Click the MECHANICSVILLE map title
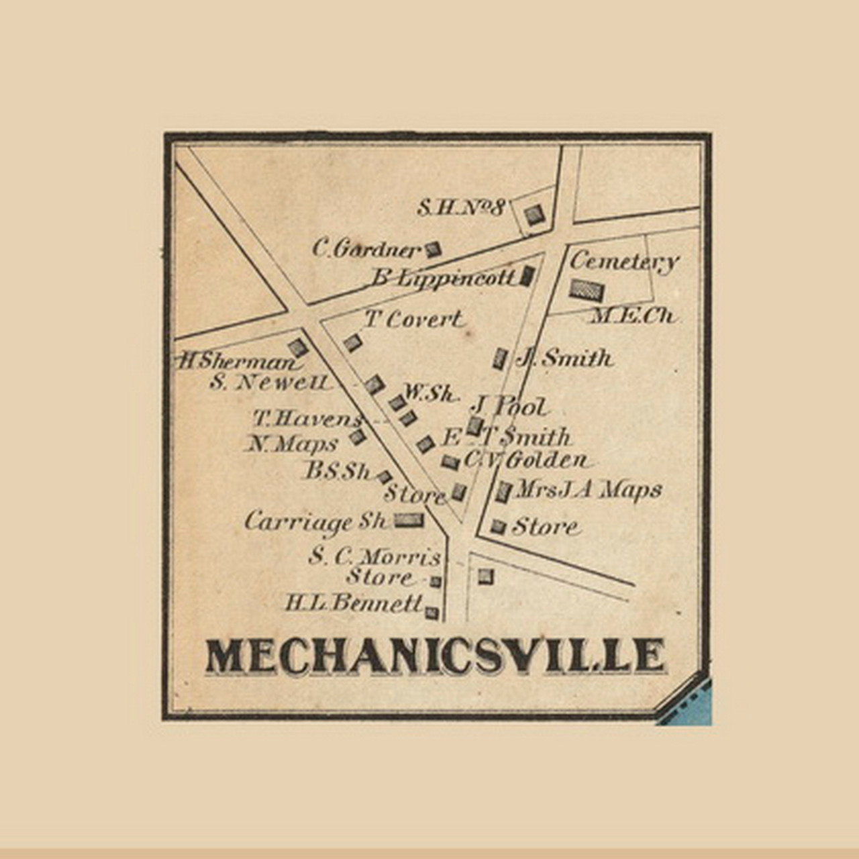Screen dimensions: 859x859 pos(435,655)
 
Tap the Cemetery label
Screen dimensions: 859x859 pos(624,262)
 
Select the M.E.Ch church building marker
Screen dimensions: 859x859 pos(587,290)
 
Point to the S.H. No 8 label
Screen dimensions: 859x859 pos(460,207)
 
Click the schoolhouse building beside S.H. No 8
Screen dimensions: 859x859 pos(534,215)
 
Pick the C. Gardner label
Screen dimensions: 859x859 pos(366,249)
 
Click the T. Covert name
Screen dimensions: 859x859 pos(413,319)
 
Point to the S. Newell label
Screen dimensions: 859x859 pos(270,383)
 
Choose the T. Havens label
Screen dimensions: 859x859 pos(307,419)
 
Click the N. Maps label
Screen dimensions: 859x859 pos(294,444)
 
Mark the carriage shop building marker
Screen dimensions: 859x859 pos(409,519)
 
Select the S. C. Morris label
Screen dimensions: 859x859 pos(374,556)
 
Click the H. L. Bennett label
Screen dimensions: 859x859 pos(354,603)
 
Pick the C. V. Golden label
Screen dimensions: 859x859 pos(526,460)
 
